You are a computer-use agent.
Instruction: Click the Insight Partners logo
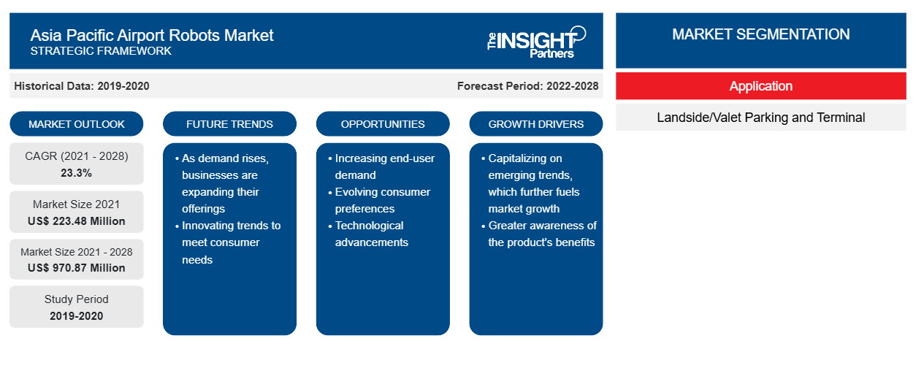click(x=536, y=42)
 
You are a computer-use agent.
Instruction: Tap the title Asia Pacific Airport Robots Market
click(x=152, y=35)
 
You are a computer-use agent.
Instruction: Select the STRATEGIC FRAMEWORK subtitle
click(x=101, y=51)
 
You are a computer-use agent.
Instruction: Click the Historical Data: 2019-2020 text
click(x=82, y=86)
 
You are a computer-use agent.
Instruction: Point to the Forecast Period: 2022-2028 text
click(x=527, y=86)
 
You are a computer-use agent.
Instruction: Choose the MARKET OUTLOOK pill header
click(x=77, y=124)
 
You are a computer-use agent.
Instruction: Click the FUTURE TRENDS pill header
click(x=229, y=124)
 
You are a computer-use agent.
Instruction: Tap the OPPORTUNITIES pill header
click(x=383, y=124)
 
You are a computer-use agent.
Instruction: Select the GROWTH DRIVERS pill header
click(x=535, y=124)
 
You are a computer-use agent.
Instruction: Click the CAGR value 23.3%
click(x=77, y=173)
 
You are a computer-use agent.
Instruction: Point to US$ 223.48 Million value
click(x=77, y=221)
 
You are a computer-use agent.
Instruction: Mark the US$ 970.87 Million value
click(x=77, y=268)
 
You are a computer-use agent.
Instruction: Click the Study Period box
click(x=77, y=307)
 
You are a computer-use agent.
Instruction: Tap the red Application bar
click(x=760, y=86)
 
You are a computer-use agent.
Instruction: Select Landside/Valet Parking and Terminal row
click(x=760, y=118)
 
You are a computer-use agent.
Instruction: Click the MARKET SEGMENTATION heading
click(x=760, y=34)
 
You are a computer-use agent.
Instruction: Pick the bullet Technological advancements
click(x=368, y=234)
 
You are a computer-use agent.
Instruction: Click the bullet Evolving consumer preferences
click(x=380, y=200)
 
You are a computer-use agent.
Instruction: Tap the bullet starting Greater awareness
click(x=539, y=234)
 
